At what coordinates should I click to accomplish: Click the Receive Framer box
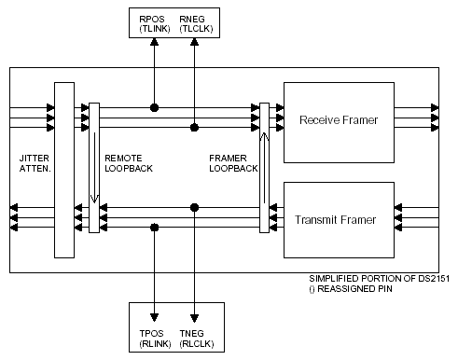[337, 120]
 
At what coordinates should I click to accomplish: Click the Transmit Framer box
[337, 220]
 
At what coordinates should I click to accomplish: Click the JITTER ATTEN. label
[35, 165]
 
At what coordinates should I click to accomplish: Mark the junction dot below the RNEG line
[194, 127]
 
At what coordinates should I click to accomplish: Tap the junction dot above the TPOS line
[154, 227]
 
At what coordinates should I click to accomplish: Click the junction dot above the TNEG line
[194, 207]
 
